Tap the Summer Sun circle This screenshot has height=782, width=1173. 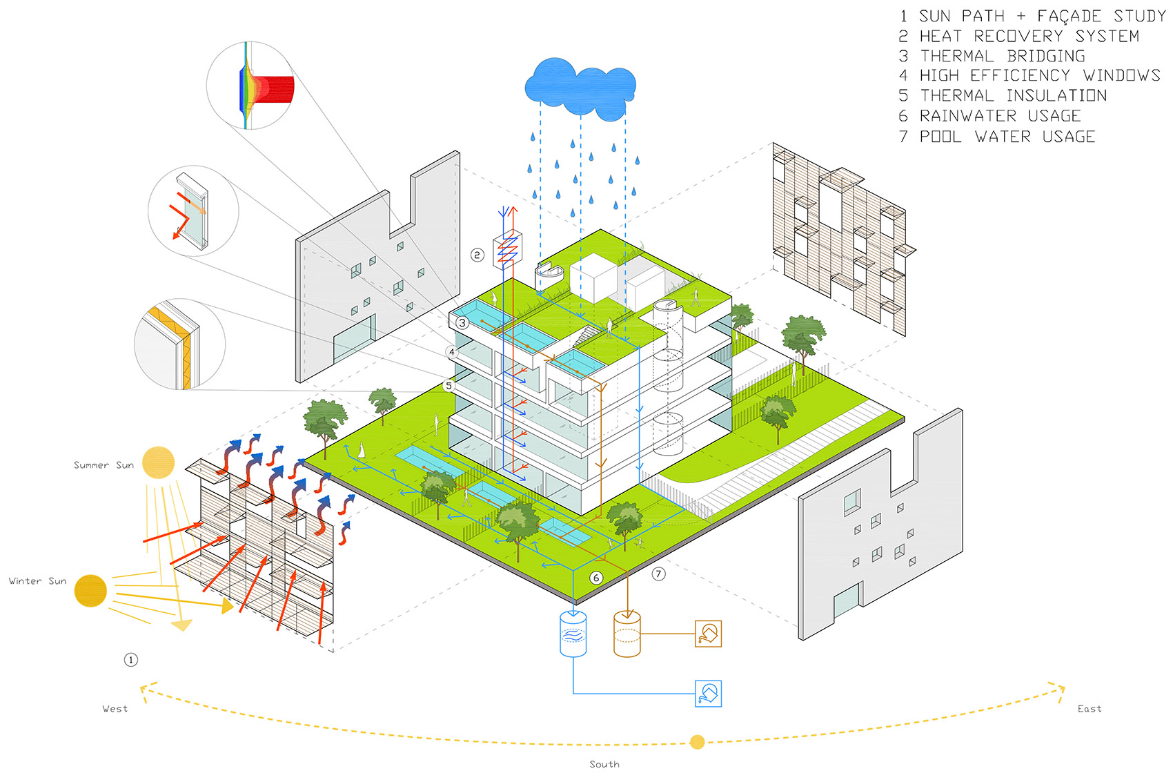(x=158, y=462)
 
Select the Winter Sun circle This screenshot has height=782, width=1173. (x=90, y=591)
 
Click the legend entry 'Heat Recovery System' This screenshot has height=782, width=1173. (x=1018, y=36)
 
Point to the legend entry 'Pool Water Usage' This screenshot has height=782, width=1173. (x=996, y=137)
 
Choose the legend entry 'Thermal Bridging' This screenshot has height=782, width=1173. (x=992, y=56)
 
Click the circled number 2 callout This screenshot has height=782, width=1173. (x=477, y=255)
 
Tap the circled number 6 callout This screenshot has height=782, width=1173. (x=596, y=578)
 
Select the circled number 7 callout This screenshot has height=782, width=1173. (x=659, y=574)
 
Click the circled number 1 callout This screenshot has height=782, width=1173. (x=131, y=660)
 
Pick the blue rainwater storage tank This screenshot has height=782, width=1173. (x=573, y=634)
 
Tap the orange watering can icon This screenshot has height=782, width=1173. (x=709, y=634)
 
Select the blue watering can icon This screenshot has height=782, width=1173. (x=709, y=694)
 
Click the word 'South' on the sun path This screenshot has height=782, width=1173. (x=604, y=764)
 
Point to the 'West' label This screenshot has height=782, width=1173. (x=115, y=709)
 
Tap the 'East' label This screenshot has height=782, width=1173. (x=1090, y=709)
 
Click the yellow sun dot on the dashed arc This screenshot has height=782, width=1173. (x=697, y=742)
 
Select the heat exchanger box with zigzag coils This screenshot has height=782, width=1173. (x=507, y=249)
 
